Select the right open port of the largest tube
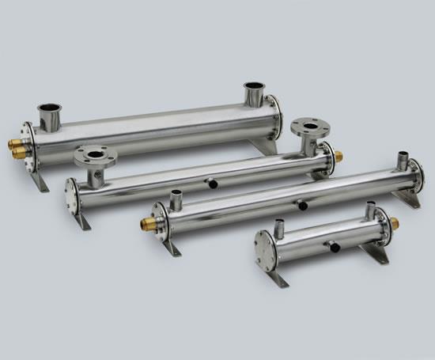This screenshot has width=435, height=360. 255,93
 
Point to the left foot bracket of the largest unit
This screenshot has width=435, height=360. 39,180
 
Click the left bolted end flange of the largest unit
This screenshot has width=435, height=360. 29,147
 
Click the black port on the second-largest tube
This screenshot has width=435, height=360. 213,183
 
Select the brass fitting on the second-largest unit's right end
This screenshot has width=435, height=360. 339,157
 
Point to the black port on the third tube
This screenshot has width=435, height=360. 302,206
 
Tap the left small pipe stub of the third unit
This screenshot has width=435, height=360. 176,199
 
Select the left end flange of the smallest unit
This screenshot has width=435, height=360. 265,251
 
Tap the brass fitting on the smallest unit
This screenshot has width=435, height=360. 395,223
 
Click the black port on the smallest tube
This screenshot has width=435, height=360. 335,247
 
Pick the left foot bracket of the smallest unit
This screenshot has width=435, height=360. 278,278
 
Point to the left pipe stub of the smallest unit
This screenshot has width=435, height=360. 278,229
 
